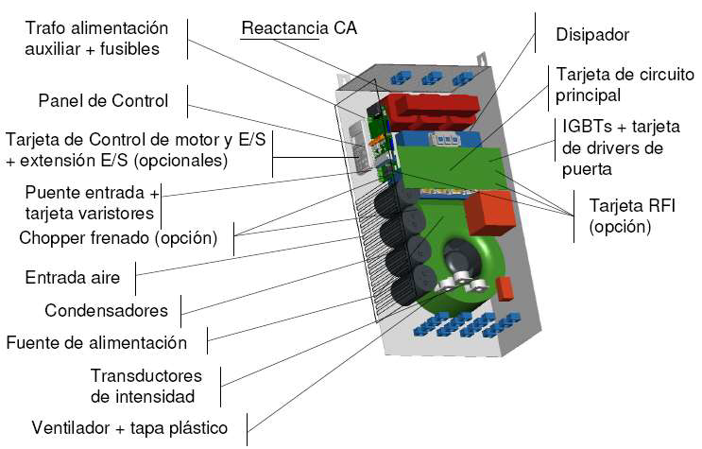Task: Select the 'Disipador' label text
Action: coord(592,35)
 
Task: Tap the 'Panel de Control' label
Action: coord(103,100)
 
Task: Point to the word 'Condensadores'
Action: coord(106,310)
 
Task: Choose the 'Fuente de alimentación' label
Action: coord(96,342)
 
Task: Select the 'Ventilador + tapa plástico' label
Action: coord(129,428)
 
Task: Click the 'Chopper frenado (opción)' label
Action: coord(118,236)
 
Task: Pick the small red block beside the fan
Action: coord(505,287)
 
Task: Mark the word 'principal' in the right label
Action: coord(588,95)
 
